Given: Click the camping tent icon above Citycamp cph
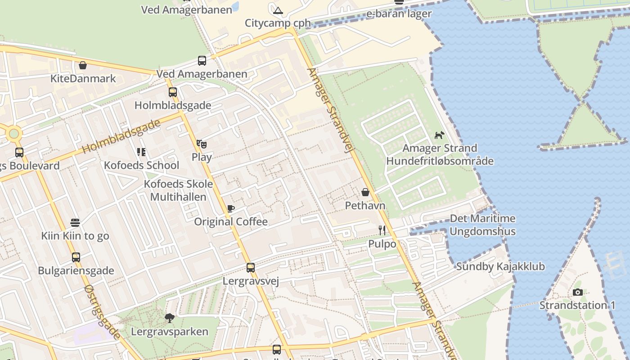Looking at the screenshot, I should [278, 10].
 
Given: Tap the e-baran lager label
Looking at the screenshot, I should [399, 13].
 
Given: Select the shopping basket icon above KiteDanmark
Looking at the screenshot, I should [83, 66].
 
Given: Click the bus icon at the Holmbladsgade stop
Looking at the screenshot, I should [173, 92].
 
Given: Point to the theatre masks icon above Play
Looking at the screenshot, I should [202, 144].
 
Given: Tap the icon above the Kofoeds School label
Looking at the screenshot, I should [141, 152].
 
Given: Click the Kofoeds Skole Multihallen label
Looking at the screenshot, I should [178, 190].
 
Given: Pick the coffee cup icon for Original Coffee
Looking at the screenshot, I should [231, 208].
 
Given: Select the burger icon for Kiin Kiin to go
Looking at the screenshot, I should [75, 223].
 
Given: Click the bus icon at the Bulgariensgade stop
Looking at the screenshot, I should [76, 257].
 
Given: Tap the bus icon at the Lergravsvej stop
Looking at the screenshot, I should [251, 268].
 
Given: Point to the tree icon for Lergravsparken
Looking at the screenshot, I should [170, 318].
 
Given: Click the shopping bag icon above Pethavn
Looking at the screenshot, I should [365, 192].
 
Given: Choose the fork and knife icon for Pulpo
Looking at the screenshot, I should [382, 230].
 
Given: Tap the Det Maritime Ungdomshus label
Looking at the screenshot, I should [482, 225].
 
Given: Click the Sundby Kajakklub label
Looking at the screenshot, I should [500, 266].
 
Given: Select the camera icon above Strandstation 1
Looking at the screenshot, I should [578, 292].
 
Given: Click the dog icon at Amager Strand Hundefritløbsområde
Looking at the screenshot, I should [440, 135].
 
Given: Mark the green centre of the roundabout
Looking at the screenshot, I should [14, 134].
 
